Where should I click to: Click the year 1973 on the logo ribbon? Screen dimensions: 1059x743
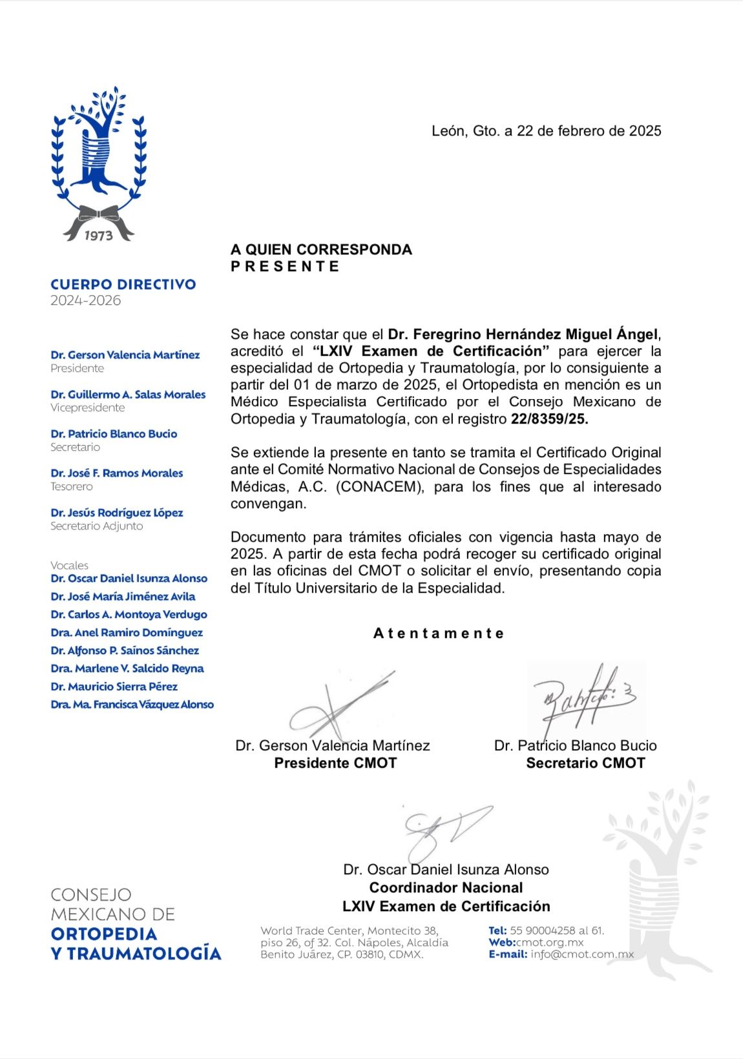pyautogui.click(x=98, y=236)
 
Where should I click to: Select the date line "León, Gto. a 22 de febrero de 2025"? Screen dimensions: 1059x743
pyautogui.click(x=546, y=131)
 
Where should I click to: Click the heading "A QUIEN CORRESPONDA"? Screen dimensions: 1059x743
pyautogui.click(x=321, y=250)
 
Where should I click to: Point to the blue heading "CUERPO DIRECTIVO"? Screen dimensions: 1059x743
pyautogui.click(x=123, y=284)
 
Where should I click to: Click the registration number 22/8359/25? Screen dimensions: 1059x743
pyautogui.click(x=549, y=419)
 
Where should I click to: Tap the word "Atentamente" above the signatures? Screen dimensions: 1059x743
pyautogui.click(x=439, y=633)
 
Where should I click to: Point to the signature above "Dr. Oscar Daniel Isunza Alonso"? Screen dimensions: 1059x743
pyautogui.click(x=446, y=830)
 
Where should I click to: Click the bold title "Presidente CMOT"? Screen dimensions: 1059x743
pyautogui.click(x=335, y=763)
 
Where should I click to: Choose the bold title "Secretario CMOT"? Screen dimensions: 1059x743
pyautogui.click(x=585, y=763)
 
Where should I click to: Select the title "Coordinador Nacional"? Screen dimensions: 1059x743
pyautogui.click(x=446, y=888)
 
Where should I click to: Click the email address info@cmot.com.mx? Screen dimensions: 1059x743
pyautogui.click(x=582, y=954)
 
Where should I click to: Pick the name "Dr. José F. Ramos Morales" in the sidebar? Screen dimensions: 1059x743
pyautogui.click(x=117, y=473)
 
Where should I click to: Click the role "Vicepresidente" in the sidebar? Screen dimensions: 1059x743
pyautogui.click(x=88, y=408)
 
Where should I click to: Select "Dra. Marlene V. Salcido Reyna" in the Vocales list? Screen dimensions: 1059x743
pyautogui.click(x=127, y=669)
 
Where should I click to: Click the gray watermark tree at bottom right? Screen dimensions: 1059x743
pyautogui.click(x=659, y=878)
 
